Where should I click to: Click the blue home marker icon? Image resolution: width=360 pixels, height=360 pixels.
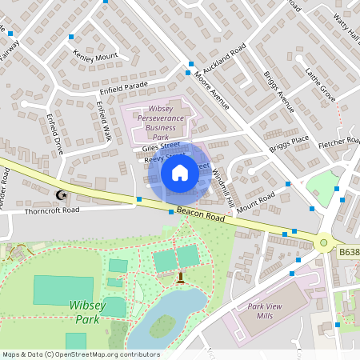point(180,172)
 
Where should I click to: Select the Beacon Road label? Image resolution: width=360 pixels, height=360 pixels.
point(199,213)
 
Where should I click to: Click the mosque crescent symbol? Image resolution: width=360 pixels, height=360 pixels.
point(59,194)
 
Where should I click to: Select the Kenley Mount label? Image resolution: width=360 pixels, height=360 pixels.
point(95,57)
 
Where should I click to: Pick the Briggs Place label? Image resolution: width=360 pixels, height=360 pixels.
point(289,142)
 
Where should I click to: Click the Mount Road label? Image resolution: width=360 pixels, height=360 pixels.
point(255,200)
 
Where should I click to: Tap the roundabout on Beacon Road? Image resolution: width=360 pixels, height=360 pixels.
point(323,242)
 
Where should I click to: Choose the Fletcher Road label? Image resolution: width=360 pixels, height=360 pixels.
point(339,143)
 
